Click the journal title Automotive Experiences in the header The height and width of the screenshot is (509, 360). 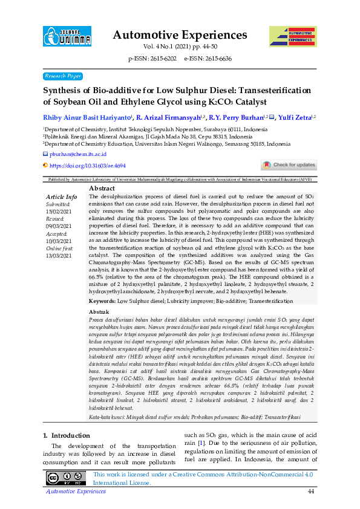180,34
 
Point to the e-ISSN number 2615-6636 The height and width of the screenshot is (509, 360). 217,59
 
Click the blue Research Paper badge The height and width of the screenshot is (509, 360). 63,76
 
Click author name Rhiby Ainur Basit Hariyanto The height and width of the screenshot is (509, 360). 87,117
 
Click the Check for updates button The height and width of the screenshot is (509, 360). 289,164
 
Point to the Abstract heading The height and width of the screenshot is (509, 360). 101,189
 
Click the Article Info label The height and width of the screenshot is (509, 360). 62,197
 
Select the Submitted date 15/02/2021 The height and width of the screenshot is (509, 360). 58,212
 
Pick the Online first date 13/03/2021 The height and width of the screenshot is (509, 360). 58,254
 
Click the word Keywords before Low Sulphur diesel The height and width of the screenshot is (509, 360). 102,300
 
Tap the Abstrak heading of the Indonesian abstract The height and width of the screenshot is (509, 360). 100,311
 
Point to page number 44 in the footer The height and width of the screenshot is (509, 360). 311,491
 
